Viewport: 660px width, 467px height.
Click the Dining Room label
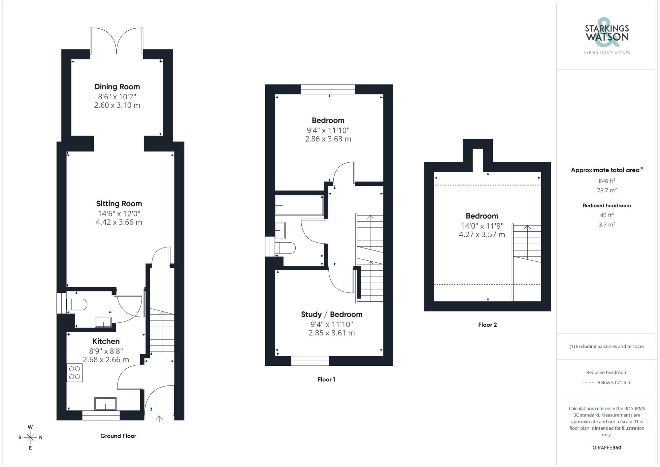[x=117, y=87]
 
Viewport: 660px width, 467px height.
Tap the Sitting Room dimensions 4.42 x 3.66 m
[x=119, y=222]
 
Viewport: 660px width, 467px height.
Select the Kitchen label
[x=106, y=341]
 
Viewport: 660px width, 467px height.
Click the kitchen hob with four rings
[x=75, y=373]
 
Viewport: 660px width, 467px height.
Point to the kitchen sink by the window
[x=105, y=404]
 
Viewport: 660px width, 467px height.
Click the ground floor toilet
[x=77, y=304]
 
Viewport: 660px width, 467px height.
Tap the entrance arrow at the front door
[x=159, y=419]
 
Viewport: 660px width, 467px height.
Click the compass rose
[x=30, y=437]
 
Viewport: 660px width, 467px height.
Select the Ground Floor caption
[x=118, y=436]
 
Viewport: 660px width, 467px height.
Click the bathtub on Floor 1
[x=299, y=205]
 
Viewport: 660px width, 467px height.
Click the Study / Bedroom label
[x=332, y=315]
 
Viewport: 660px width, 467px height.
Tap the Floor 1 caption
[x=326, y=380]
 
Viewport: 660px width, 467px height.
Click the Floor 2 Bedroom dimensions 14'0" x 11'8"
[x=482, y=226]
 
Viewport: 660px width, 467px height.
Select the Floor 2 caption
[x=487, y=325]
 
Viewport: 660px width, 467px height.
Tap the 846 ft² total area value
[x=607, y=181]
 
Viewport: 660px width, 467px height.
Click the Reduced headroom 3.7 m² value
[x=607, y=224]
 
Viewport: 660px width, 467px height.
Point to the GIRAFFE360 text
[x=607, y=448]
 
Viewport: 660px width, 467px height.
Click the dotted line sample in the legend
[x=588, y=383]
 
